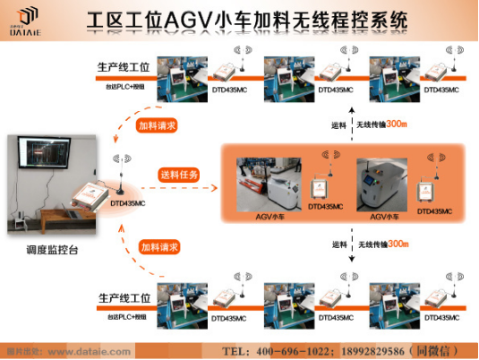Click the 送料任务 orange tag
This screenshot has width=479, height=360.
(x=179, y=174)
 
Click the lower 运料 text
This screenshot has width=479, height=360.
(x=339, y=244)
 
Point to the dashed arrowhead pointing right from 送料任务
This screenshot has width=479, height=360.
(x=216, y=188)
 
